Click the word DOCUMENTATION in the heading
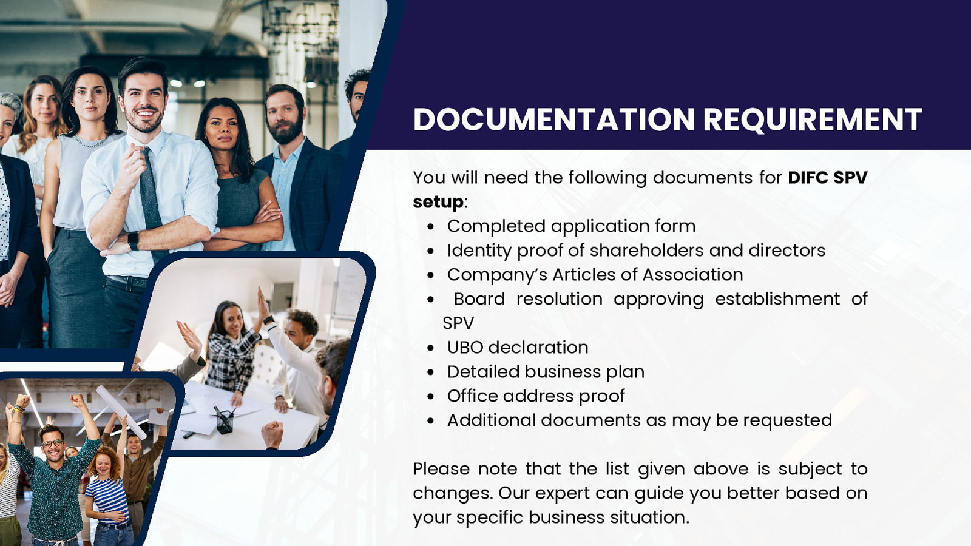pos(553,120)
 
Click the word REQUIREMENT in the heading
pos(812,120)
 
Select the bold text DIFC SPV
pos(827,178)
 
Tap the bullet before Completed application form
pos(430,227)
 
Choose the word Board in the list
pos(479,299)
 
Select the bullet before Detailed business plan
pos(430,372)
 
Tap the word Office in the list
pos(472,396)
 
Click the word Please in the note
pos(441,469)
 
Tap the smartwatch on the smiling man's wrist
pos(133,240)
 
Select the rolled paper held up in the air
pos(121,411)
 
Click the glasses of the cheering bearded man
pos(53,443)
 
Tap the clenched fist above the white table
pos(272,433)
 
